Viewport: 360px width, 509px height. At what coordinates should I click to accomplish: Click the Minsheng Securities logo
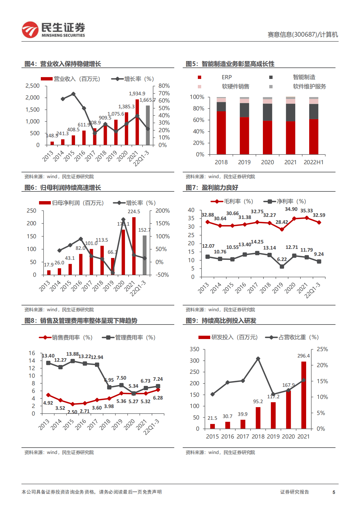(53, 30)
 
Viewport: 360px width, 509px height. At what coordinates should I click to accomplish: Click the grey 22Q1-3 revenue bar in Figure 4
(148, 125)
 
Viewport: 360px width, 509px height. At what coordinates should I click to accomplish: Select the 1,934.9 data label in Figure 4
(137, 93)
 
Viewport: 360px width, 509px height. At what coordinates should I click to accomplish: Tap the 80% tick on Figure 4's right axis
(164, 86)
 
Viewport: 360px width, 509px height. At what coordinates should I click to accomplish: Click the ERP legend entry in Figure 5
(226, 77)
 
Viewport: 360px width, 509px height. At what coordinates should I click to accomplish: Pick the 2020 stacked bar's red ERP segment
(267, 138)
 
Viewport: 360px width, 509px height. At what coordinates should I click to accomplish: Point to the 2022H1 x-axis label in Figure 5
(313, 162)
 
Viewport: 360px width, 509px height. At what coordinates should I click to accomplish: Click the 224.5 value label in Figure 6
(134, 212)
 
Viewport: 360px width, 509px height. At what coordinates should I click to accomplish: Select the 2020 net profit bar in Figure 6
(123, 252)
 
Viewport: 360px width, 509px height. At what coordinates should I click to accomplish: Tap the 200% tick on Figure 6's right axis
(162, 211)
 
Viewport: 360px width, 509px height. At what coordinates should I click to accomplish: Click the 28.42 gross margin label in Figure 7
(282, 222)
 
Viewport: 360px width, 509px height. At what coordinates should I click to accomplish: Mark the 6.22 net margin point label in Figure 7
(282, 259)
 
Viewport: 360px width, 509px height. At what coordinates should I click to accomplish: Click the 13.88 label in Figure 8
(72, 354)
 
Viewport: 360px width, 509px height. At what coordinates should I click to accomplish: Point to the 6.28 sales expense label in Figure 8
(158, 398)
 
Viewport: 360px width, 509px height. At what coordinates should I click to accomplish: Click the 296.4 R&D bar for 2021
(303, 395)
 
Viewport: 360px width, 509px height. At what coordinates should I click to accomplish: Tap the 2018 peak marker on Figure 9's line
(258, 359)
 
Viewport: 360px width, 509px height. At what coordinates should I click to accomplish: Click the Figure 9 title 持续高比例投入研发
(229, 321)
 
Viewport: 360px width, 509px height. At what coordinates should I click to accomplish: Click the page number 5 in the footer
(334, 492)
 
